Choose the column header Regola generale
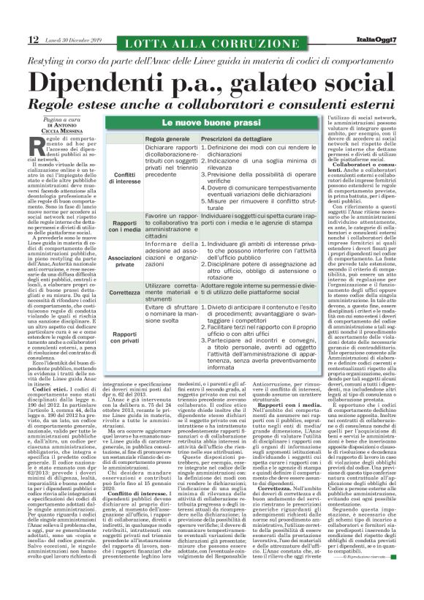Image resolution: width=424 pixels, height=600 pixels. [168, 138]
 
